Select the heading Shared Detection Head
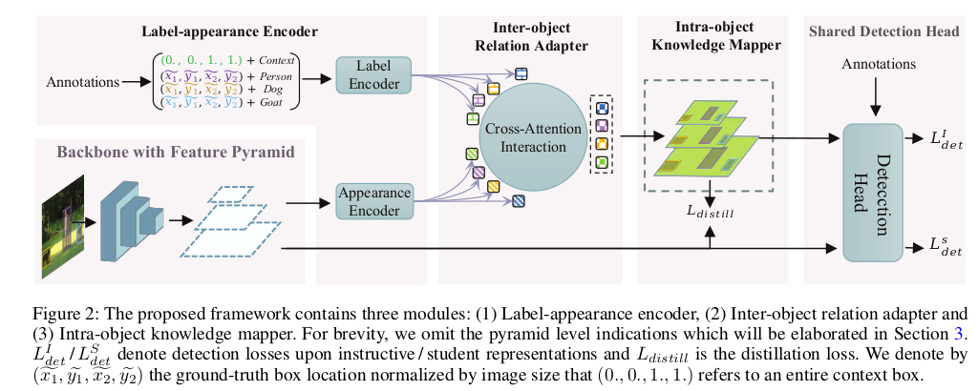point(883,31)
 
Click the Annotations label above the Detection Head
point(878,64)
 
